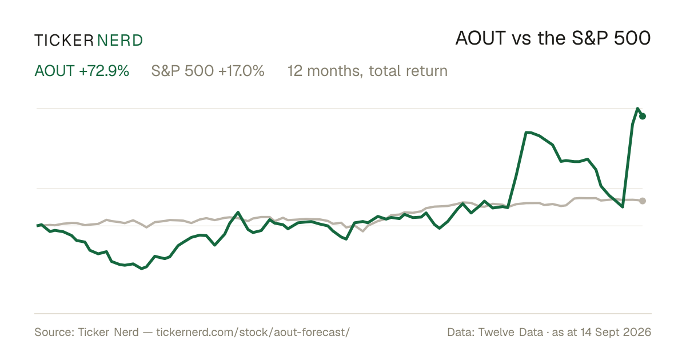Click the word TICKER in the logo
[64, 41]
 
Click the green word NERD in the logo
[120, 41]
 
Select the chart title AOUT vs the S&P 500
[553, 39]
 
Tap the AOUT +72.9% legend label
[82, 71]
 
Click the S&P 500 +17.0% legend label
[208, 71]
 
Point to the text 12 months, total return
[368, 71]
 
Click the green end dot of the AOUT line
[643, 116]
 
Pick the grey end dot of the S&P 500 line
[643, 201]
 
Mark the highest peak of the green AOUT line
[637, 109]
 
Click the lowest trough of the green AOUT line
[142, 269]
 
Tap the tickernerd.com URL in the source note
[253, 333]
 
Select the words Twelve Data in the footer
[510, 332]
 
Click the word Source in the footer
[53, 332]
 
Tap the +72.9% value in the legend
[104, 71]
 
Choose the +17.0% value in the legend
[241, 71]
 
